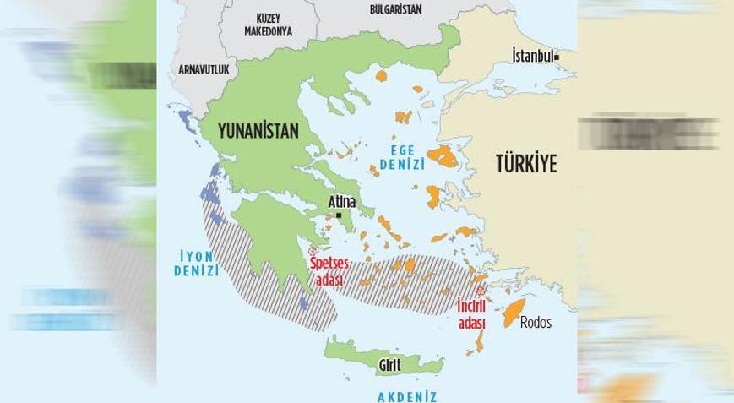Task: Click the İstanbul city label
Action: click(532, 56)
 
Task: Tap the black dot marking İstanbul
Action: click(557, 57)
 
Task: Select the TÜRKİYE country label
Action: click(526, 164)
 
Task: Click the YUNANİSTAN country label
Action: click(258, 131)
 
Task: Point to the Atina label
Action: click(341, 202)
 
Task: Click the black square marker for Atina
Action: click(338, 215)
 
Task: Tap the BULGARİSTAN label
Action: click(395, 10)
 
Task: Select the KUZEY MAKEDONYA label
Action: click(268, 25)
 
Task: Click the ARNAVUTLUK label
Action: click(204, 70)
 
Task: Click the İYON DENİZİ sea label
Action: click(196, 263)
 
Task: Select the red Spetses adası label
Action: click(329, 270)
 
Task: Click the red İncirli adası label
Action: click(471, 313)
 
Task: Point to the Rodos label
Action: click(536, 322)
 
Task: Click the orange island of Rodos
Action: click(514, 313)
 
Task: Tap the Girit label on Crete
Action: click(389, 366)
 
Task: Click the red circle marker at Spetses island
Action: click(312, 252)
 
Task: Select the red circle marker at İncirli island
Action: click(481, 291)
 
